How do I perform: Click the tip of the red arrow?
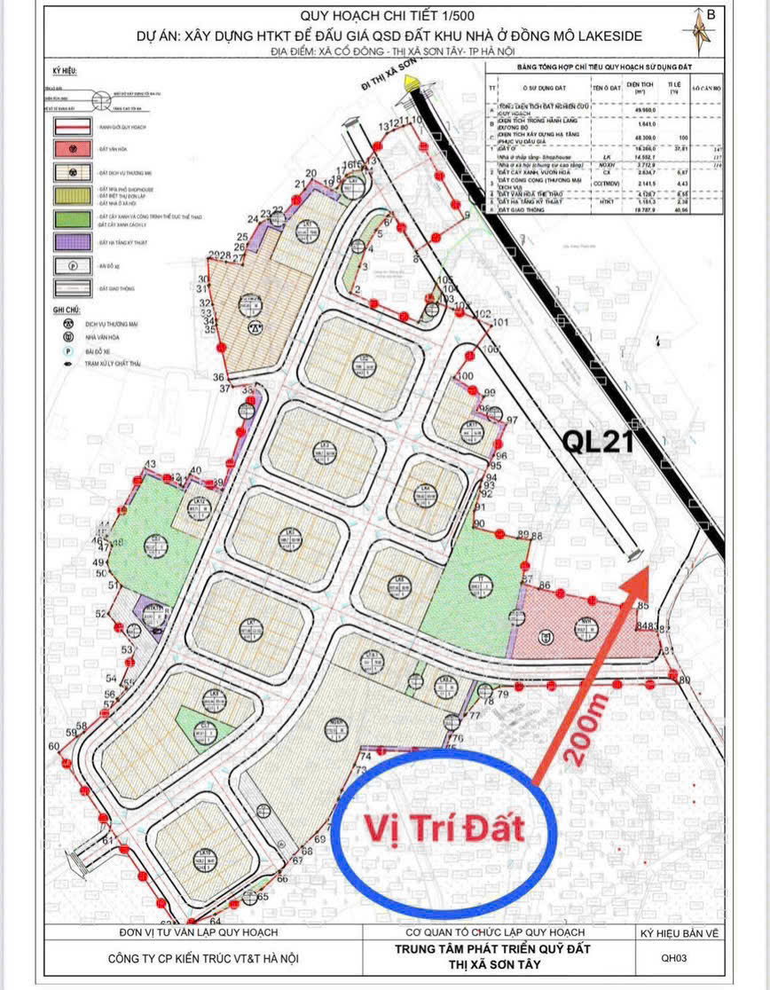click(x=648, y=569)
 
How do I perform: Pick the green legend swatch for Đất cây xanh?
click(x=75, y=216)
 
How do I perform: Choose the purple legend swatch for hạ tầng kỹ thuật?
click(x=75, y=240)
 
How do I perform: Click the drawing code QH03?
click(x=673, y=957)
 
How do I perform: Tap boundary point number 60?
click(x=54, y=746)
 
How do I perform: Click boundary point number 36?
click(x=218, y=378)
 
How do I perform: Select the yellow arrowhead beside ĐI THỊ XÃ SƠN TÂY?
click(x=410, y=82)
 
